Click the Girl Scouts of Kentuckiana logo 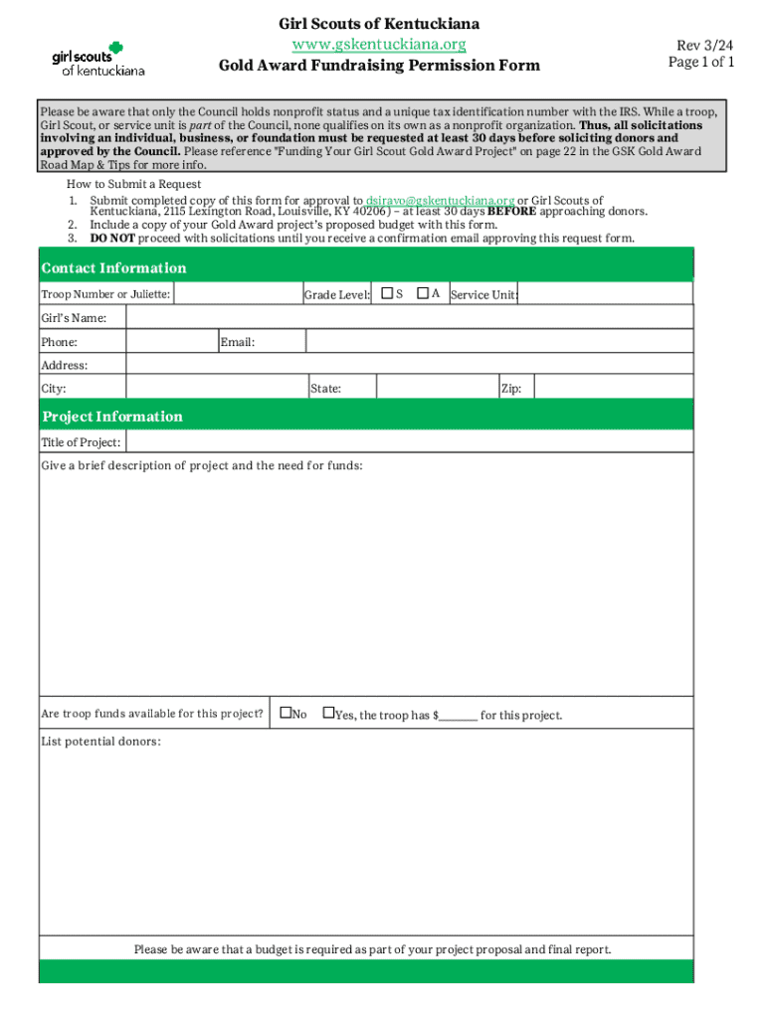tap(98, 59)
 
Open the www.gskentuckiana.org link tap(379, 45)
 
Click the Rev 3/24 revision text tap(705, 46)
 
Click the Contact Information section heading tap(113, 268)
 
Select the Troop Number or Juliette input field tap(237, 293)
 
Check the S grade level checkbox tap(386, 293)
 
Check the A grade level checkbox tap(423, 293)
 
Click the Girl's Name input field tap(409, 317)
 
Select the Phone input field tap(172, 342)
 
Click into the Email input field tap(498, 342)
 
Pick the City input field tap(216, 388)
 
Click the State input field tap(437, 388)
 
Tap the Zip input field tap(613, 388)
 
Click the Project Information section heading tap(111, 417)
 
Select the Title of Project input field tap(409, 442)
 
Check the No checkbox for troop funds tap(286, 713)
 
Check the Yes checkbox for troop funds tap(327, 713)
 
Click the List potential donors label tap(100, 742)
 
